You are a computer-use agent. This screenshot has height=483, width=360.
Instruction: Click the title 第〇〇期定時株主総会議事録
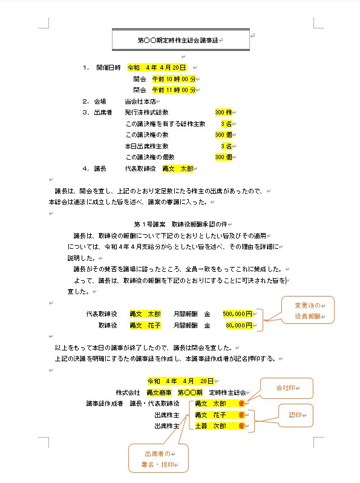(180, 41)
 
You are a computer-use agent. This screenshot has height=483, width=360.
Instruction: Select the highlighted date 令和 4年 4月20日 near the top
(157, 67)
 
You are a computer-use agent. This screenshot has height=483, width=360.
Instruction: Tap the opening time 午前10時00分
(174, 79)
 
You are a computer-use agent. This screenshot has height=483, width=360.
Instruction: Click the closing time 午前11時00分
(174, 90)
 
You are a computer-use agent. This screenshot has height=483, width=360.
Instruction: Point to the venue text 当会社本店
(140, 101)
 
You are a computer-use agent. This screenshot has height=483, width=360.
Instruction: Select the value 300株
(223, 113)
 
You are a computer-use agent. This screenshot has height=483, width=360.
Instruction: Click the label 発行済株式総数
(146, 113)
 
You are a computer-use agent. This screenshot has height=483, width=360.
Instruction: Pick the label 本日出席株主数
(146, 146)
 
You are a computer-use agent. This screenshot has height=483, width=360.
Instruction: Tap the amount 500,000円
(237, 314)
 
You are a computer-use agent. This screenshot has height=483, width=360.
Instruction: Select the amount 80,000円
(238, 325)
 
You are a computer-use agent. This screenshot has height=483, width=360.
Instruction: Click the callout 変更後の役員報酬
(309, 310)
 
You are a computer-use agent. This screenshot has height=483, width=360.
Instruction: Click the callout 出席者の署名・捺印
(158, 459)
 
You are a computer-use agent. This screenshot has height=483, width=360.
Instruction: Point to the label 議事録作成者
(105, 404)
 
